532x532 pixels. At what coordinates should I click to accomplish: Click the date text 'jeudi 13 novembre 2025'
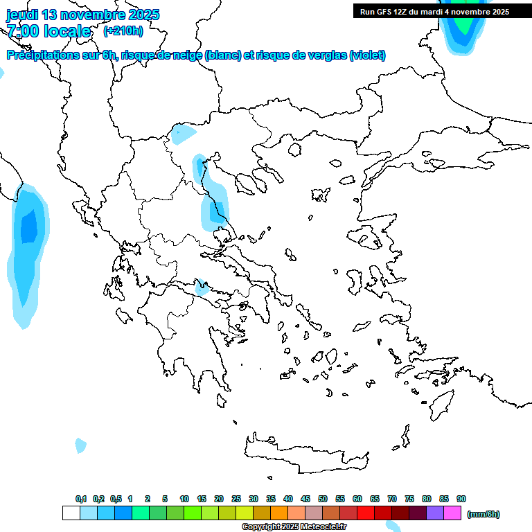point(82,15)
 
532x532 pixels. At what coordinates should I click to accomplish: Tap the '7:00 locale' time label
point(48,31)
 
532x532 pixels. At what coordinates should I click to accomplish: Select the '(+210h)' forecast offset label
point(123,30)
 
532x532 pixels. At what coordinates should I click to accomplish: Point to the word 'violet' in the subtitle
point(367,55)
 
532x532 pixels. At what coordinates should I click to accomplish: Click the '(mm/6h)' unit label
point(484,514)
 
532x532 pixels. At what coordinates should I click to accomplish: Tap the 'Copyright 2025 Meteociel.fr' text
point(294,526)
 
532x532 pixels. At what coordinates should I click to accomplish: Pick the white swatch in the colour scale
point(71,513)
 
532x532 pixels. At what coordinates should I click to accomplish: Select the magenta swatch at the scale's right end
point(452,513)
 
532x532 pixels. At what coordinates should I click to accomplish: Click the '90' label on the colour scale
point(461,499)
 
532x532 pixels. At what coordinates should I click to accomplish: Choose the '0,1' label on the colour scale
point(81,499)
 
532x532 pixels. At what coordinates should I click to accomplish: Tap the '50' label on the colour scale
point(323,499)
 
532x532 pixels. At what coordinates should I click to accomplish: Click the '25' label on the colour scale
point(236,499)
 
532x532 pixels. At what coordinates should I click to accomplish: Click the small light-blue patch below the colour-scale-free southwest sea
point(81,445)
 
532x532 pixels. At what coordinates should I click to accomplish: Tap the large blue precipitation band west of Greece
point(28,249)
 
